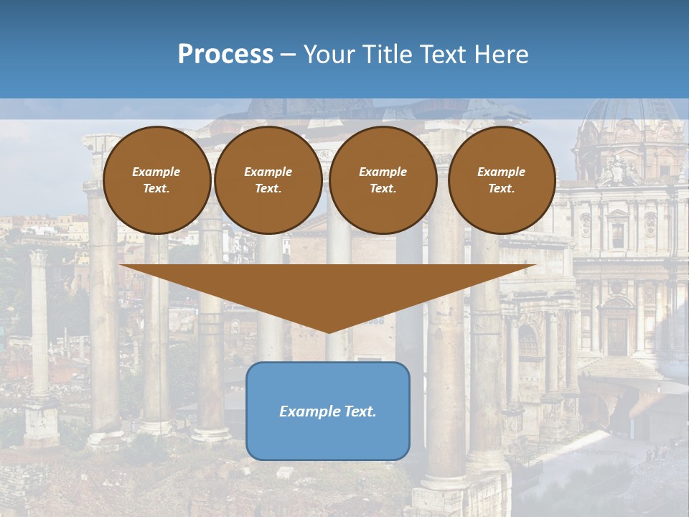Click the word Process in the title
(x=225, y=55)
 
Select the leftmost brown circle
(x=156, y=180)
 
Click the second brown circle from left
(x=268, y=180)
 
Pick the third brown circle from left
(x=383, y=180)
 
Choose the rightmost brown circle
(x=502, y=180)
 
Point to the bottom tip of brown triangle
(x=328, y=332)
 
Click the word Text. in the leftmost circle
(x=156, y=189)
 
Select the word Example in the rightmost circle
(x=502, y=172)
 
